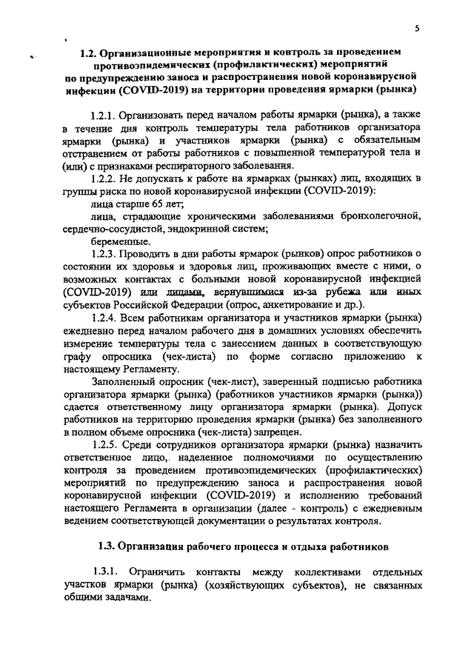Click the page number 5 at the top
point(416,28)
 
